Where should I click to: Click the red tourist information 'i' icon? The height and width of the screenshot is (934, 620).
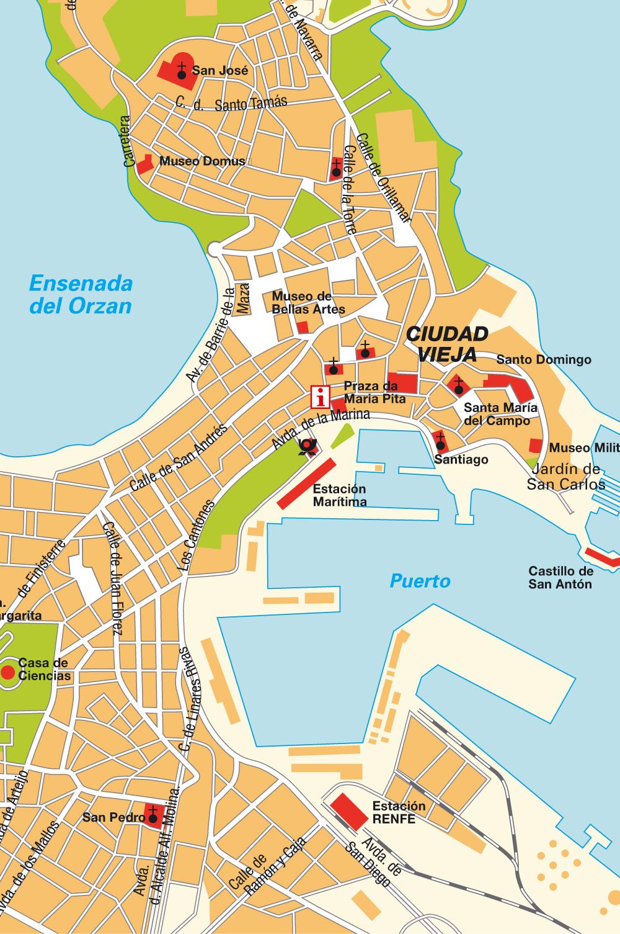tap(321, 395)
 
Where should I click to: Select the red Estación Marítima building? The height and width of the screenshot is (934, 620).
tap(306, 484)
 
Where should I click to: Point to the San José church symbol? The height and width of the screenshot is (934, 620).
tap(182, 71)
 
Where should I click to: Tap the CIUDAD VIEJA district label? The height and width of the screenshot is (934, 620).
tap(447, 344)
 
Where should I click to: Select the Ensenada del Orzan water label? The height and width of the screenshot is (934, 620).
tap(81, 295)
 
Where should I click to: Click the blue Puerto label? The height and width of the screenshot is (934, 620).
tap(420, 581)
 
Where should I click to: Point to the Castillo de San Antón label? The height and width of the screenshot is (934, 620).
tap(560, 577)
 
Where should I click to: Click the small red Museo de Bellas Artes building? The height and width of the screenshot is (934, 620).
tap(303, 328)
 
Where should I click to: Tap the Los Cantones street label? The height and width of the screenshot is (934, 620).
tap(196, 534)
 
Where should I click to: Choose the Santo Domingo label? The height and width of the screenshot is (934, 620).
tap(544, 359)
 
